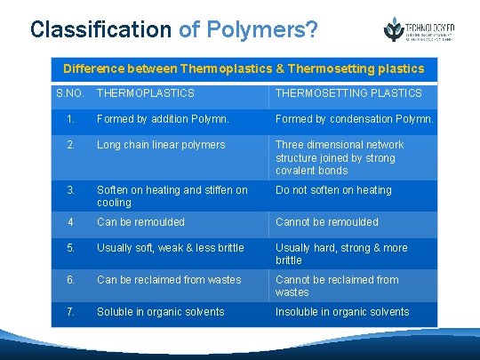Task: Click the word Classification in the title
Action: click(x=100, y=29)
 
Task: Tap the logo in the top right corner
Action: click(x=419, y=29)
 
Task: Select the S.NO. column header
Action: click(x=70, y=93)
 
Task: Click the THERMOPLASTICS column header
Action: click(x=146, y=93)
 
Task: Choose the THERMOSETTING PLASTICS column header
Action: click(x=348, y=93)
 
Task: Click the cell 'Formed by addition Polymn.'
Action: click(x=163, y=119)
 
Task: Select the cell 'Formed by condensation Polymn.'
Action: click(x=354, y=119)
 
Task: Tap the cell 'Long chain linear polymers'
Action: click(x=161, y=145)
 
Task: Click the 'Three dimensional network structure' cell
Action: click(x=340, y=157)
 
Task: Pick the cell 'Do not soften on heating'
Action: click(x=333, y=190)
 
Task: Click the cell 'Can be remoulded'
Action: click(x=140, y=222)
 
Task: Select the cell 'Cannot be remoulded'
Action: click(x=327, y=222)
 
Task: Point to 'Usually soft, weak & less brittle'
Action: click(x=176, y=248)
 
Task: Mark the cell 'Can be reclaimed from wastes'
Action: click(x=169, y=280)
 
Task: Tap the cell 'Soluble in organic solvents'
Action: click(x=161, y=312)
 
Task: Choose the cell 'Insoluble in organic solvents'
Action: click(x=342, y=312)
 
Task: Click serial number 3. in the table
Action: click(x=70, y=190)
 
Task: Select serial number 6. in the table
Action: click(x=70, y=280)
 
